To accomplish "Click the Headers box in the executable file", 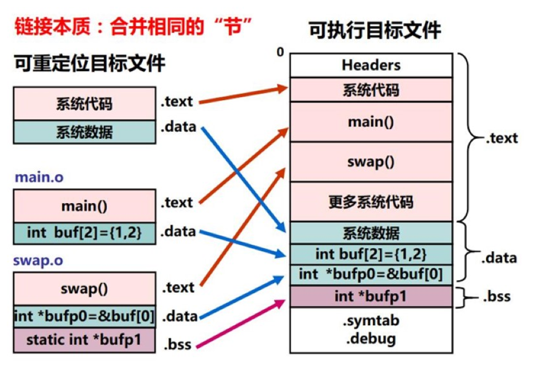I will pyautogui.click(x=371, y=65).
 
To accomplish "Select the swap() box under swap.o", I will pyautogui.click(x=84, y=289).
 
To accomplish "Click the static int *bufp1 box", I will pyautogui.click(x=84, y=340).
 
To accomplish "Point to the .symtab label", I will pyautogui.click(x=371, y=320).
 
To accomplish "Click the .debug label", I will pyautogui.click(x=371, y=338).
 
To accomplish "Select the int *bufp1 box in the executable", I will pyautogui.click(x=371, y=297).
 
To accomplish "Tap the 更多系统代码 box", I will pyautogui.click(x=371, y=202).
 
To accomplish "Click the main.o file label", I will pyautogui.click(x=39, y=177).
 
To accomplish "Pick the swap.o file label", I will pyautogui.click(x=39, y=261).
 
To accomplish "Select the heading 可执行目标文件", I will pyautogui.click(x=376, y=30).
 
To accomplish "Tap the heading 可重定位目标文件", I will pyautogui.click(x=90, y=63).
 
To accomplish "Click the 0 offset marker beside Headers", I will pyautogui.click(x=280, y=53).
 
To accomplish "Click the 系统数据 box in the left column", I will pyautogui.click(x=84, y=133).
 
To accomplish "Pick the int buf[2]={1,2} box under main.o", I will pyautogui.click(x=84, y=232).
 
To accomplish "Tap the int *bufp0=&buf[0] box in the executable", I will pyautogui.click(x=371, y=274).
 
